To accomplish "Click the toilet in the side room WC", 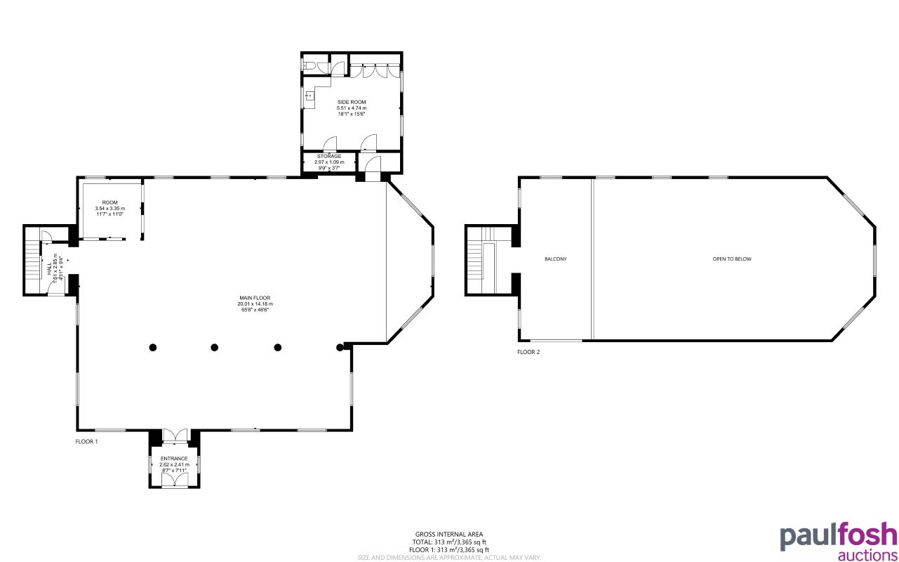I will point(309,66).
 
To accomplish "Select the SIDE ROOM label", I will point(351,103).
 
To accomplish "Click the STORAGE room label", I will point(328,156).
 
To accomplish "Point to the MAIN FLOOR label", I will point(254,298).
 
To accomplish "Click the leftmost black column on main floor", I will point(152,347).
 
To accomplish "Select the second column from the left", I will point(215,347).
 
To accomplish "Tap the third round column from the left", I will point(278,347).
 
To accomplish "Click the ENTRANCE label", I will point(173,459).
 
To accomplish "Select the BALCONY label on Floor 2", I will point(555,259).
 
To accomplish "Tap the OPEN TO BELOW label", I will point(732,259).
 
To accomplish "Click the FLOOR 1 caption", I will point(86,442).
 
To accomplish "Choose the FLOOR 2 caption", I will point(528,352).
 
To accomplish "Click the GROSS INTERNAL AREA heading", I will point(449,535).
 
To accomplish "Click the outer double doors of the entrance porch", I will point(174,481).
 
